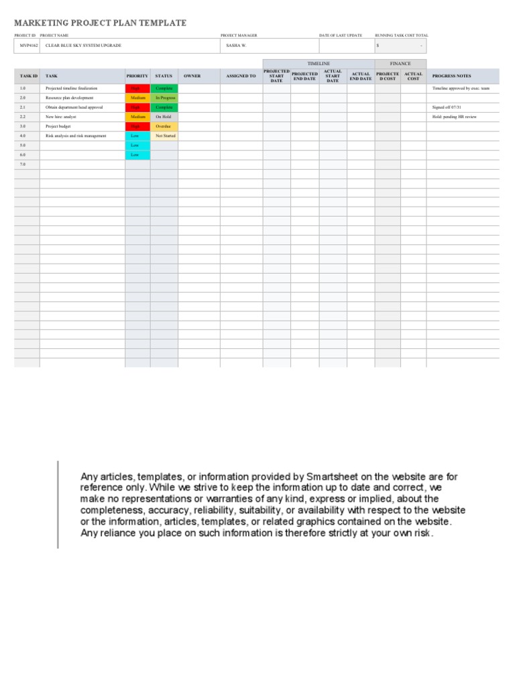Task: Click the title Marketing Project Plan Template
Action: pos(101,23)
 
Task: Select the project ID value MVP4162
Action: pos(28,46)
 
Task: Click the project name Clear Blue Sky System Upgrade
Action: pos(83,46)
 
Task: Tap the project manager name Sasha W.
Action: pos(236,46)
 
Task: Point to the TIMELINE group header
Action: pos(319,64)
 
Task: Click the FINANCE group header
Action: pos(400,64)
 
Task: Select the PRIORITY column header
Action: pos(137,76)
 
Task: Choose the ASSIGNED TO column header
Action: pos(241,76)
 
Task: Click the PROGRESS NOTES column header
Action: pos(451,76)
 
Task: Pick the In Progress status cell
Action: pos(164,98)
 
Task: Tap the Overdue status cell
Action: pos(164,126)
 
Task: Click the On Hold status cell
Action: pos(164,117)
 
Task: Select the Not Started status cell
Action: pos(164,136)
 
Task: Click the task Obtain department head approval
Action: pos(74,107)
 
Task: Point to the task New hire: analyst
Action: pos(61,117)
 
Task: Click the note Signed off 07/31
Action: pos(447,107)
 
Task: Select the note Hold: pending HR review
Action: pos(455,117)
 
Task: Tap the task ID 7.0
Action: pos(23,164)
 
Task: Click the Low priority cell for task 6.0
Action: pos(135,155)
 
